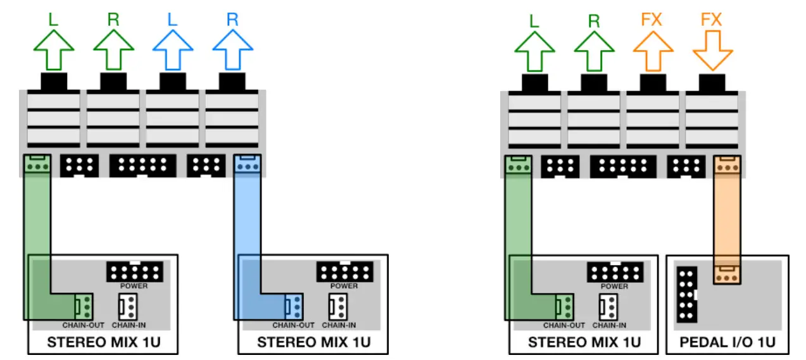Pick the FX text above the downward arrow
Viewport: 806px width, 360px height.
(712, 19)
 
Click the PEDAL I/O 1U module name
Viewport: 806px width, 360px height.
(727, 342)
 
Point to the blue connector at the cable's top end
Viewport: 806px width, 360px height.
(246, 165)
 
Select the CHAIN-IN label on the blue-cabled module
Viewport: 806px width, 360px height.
(339, 326)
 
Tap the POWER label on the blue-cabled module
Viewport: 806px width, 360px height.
(344, 286)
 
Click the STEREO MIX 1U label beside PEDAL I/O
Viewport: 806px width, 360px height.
(584, 342)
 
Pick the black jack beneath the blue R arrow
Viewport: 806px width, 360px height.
(232, 82)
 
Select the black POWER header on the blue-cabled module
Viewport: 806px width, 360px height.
(344, 272)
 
